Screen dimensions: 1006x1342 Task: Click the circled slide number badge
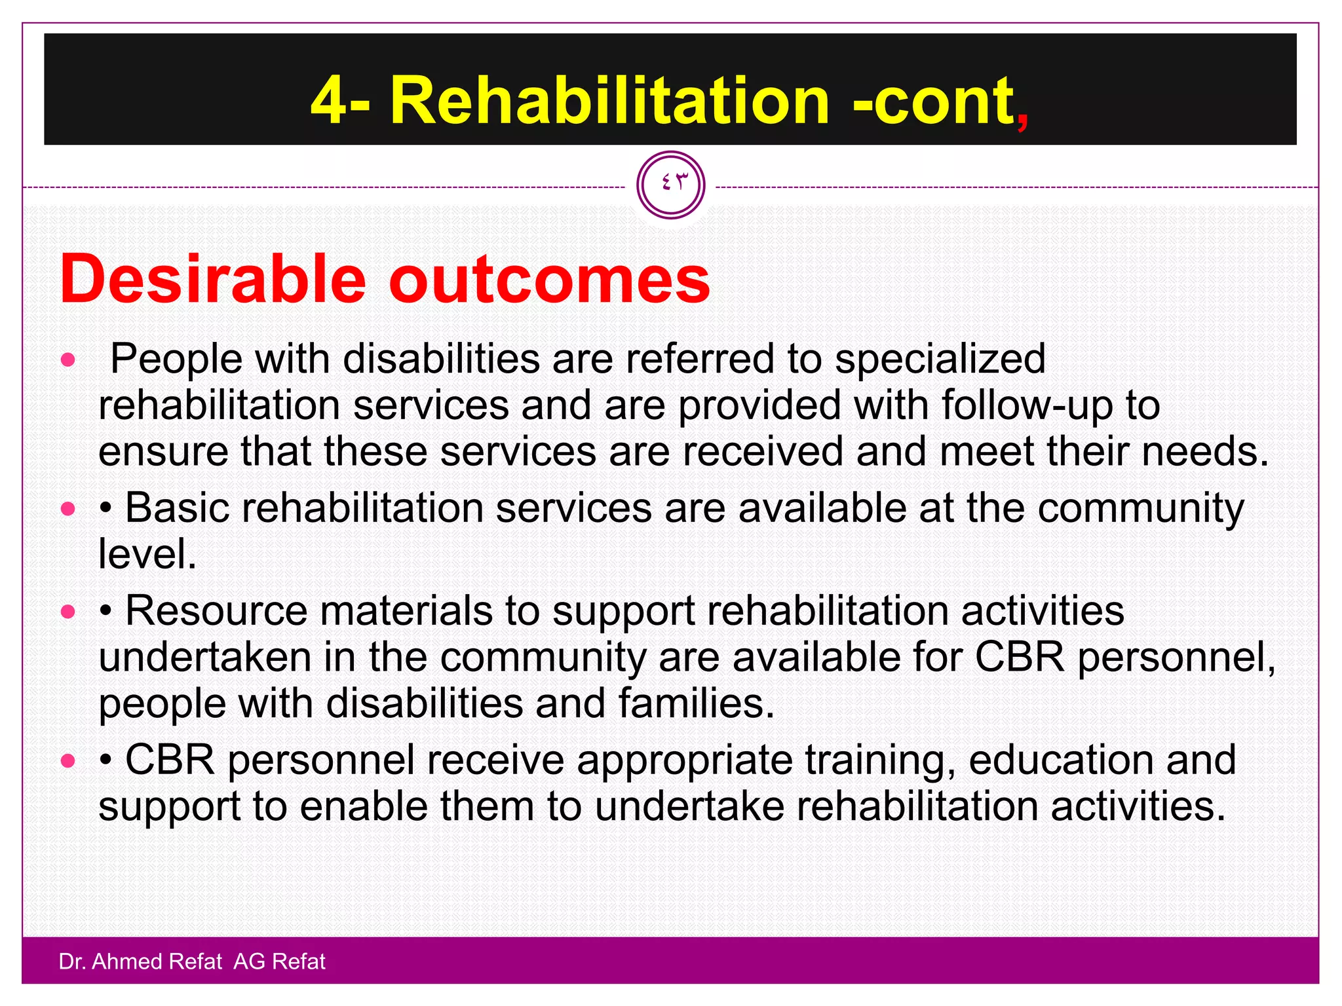click(x=670, y=185)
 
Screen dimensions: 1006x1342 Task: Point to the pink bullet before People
click(x=68, y=360)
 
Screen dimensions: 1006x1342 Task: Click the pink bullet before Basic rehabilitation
click(x=68, y=509)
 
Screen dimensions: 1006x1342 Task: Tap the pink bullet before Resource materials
click(x=68, y=612)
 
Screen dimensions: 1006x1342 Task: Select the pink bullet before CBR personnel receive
click(x=68, y=761)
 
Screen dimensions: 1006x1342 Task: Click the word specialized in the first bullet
click(x=940, y=360)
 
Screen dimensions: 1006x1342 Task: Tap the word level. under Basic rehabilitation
click(x=147, y=555)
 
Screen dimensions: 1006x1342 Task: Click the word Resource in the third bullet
click(x=216, y=611)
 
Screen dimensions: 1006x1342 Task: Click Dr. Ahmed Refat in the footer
click(x=140, y=961)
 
